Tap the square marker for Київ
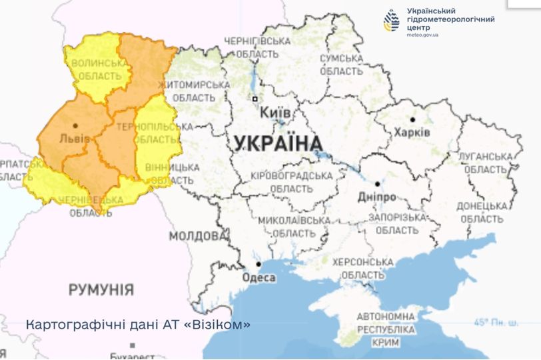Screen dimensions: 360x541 point(255,99)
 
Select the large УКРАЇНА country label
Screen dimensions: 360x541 point(278,143)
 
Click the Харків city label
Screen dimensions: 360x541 point(412,133)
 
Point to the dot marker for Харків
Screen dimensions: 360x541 point(412,120)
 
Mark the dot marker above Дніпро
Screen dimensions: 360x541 point(377,184)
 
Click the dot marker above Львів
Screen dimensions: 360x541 point(75,125)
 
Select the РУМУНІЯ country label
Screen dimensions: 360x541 point(101,290)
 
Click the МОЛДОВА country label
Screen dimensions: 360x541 point(197,236)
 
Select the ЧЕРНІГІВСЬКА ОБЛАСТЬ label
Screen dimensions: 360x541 point(257,47)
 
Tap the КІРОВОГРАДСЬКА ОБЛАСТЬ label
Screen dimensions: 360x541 point(291,182)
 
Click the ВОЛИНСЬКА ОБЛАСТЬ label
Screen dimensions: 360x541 point(100,69)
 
